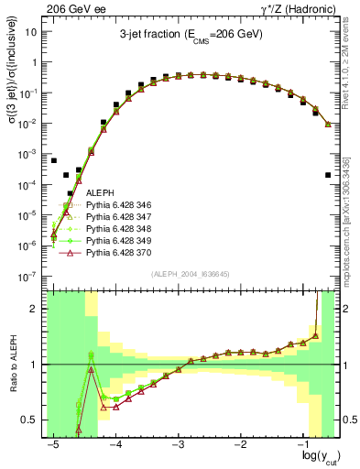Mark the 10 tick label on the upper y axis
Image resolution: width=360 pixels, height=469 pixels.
(34, 31)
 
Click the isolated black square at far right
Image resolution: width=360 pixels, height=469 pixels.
(328, 175)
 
